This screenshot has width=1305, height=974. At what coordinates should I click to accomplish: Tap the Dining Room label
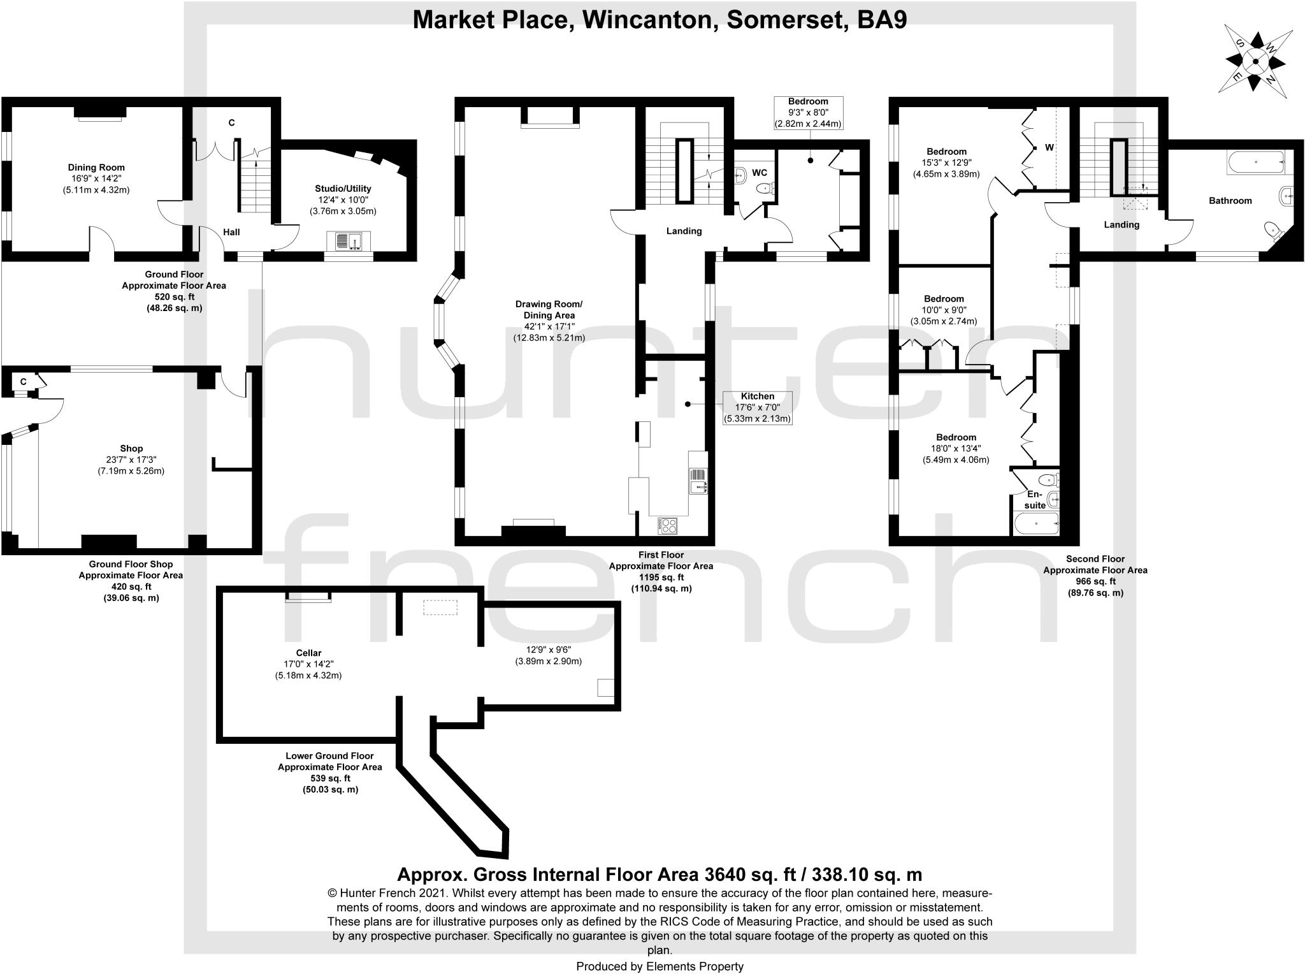tap(97, 168)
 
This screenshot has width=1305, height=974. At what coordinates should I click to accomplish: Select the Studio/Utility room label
tap(343, 189)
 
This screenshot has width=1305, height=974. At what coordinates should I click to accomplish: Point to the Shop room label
tap(131, 449)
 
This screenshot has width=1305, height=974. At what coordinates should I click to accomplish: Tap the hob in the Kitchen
tap(667, 525)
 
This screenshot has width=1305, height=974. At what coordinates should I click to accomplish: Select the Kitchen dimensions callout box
tap(757, 407)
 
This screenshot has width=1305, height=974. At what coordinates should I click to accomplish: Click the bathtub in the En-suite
tap(1035, 524)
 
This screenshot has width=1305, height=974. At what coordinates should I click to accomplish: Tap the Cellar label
tap(308, 653)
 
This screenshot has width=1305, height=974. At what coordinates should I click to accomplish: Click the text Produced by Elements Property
tap(660, 966)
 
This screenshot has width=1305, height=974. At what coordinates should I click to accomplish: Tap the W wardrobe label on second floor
tap(1049, 147)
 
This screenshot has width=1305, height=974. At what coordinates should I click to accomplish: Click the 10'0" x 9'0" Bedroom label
tap(944, 310)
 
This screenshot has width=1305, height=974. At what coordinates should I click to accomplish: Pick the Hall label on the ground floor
tap(231, 232)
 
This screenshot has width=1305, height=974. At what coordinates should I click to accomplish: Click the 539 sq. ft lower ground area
tap(329, 778)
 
